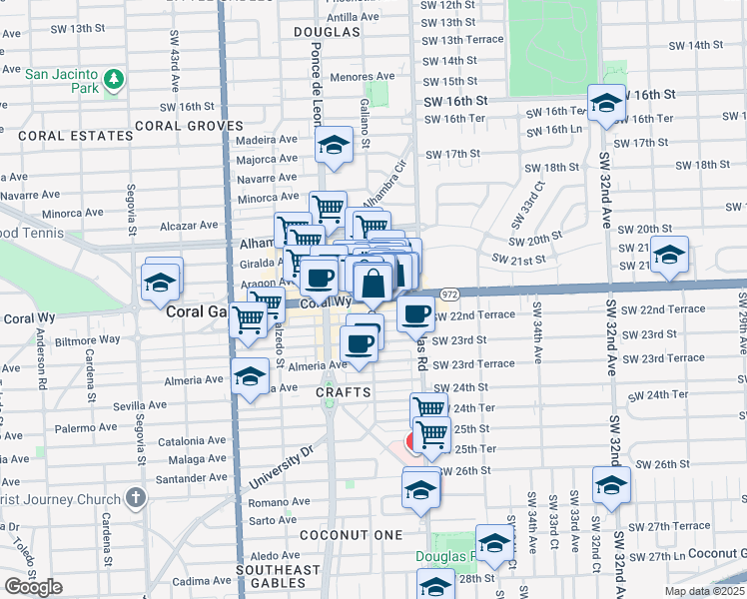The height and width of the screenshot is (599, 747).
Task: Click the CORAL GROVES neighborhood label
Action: click(x=189, y=126)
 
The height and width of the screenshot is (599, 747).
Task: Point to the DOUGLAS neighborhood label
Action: click(x=327, y=32)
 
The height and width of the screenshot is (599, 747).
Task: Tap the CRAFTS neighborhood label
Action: click(x=344, y=393)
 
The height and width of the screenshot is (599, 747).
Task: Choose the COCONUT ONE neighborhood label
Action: click(x=362, y=535)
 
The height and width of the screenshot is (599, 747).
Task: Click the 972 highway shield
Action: click(x=449, y=295)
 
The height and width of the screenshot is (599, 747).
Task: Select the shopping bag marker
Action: click(x=373, y=284)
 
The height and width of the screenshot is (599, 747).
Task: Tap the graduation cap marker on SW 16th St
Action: click(x=606, y=102)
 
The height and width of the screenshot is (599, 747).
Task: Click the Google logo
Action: click(x=33, y=587)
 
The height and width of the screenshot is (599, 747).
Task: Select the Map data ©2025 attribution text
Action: click(x=703, y=591)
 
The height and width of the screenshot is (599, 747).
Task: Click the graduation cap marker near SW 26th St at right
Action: click(x=610, y=485)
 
